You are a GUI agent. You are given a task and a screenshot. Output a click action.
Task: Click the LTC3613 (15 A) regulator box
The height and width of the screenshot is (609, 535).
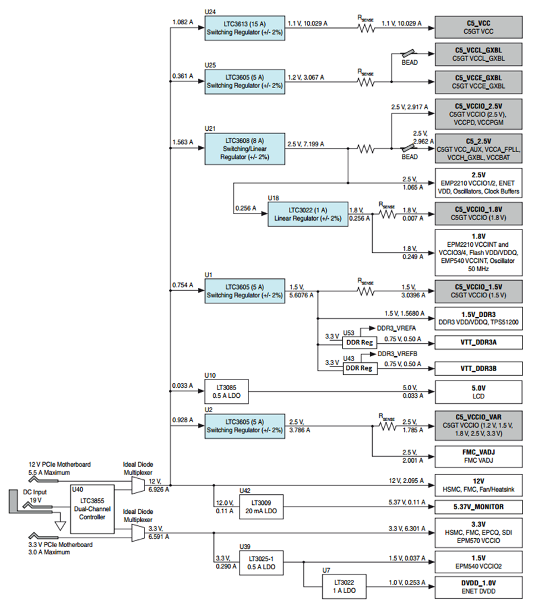point(244,28)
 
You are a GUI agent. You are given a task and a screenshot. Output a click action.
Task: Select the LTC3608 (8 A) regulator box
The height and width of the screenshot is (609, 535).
point(244,149)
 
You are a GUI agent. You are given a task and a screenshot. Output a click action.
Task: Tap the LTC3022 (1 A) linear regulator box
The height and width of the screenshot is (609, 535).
point(308,214)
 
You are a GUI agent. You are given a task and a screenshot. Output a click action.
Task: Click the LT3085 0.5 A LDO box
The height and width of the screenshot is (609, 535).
point(226,391)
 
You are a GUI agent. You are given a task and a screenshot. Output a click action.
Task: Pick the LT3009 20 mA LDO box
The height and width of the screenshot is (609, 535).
point(261,507)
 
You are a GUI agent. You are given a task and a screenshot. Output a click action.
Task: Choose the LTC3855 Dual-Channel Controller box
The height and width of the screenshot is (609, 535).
point(92,509)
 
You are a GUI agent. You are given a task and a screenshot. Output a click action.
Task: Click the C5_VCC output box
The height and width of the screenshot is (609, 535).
point(479,27)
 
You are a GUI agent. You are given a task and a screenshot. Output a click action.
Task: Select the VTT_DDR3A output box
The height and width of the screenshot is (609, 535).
point(479,343)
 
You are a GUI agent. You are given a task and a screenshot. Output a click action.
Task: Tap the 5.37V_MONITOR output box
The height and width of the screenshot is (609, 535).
point(479,507)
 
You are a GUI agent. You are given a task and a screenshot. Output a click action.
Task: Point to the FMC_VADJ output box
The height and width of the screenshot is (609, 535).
point(479,456)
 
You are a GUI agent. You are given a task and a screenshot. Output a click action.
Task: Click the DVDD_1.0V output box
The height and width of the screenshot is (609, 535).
point(479,587)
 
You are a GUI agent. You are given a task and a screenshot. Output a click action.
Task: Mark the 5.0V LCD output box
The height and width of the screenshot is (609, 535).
point(479,393)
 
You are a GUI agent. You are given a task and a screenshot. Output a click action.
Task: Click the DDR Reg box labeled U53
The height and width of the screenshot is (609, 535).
point(360,343)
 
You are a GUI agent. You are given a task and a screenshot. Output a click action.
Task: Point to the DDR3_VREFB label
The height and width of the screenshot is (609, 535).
point(397,354)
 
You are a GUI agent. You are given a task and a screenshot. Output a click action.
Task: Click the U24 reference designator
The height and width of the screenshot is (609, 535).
point(210,12)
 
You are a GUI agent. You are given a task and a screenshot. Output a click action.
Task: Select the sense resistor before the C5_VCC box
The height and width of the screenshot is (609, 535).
point(366,29)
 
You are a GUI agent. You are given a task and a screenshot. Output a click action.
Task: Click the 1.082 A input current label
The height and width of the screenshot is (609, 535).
point(182,22)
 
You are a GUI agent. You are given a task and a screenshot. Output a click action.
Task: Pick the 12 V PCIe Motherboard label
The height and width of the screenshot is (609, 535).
point(59,464)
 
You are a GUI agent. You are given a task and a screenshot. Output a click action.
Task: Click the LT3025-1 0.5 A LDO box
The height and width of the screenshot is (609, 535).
point(261,563)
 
